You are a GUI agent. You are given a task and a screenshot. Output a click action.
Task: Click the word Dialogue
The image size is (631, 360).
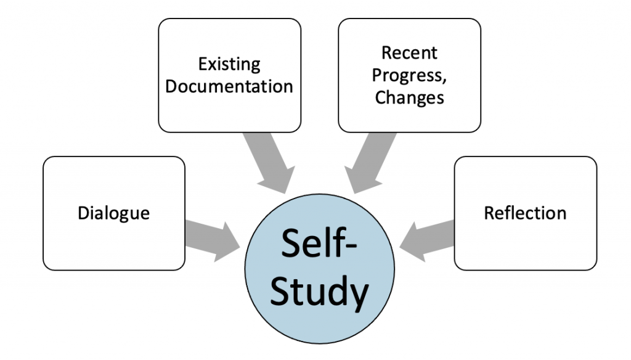[114, 213]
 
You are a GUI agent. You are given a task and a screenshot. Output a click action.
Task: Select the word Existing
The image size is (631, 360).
[229, 64]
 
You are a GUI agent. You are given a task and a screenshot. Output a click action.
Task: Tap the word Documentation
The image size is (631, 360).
[229, 86]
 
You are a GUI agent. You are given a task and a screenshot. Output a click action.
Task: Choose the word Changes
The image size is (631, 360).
[409, 97]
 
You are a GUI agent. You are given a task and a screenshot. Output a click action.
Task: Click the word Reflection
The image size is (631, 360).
[525, 213]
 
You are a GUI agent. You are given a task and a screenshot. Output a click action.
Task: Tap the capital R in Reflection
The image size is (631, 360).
[489, 213]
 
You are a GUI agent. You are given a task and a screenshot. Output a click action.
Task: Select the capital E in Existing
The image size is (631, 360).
[202, 63]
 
